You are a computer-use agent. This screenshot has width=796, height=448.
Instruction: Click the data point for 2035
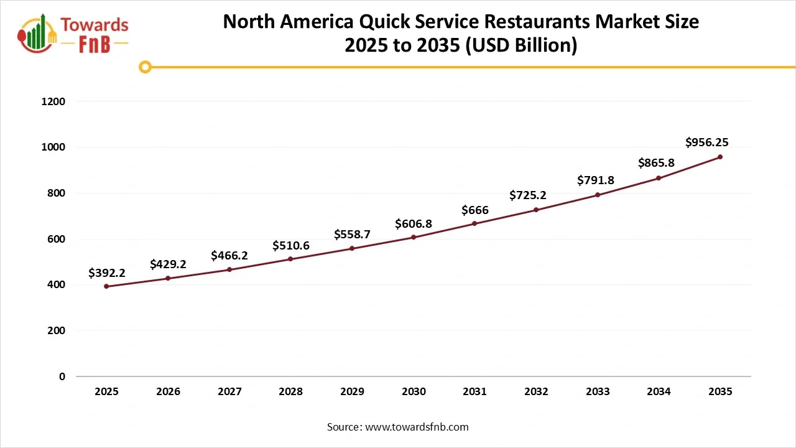click(720, 157)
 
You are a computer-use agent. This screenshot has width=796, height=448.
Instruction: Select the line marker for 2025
click(106, 286)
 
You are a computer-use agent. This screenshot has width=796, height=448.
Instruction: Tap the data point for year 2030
click(414, 237)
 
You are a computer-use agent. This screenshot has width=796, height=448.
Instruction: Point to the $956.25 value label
click(706, 142)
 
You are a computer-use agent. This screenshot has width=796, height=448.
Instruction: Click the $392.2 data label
click(106, 273)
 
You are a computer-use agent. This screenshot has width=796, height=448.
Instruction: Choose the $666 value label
click(474, 210)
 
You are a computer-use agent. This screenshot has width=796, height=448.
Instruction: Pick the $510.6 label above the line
click(290, 246)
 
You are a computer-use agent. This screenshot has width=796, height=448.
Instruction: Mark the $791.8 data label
click(595, 180)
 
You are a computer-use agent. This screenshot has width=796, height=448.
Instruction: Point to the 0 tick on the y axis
click(62, 376)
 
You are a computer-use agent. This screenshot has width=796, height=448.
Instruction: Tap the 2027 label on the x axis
click(229, 392)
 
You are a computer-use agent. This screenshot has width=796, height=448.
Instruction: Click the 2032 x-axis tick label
click(536, 392)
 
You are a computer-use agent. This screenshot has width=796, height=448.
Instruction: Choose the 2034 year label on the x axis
click(659, 392)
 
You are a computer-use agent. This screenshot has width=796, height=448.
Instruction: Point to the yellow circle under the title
click(145, 67)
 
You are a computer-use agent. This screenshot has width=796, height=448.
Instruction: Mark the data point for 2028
click(290, 259)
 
